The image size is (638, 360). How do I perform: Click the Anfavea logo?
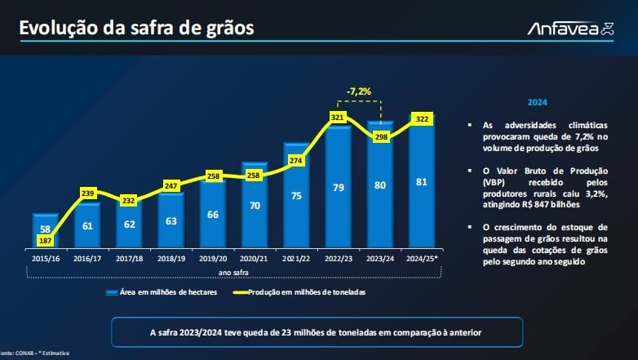coord(570,29)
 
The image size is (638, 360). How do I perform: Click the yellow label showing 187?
coord(45,241)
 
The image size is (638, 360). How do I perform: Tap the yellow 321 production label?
coord(337,118)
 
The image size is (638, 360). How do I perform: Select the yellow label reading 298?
coord(381,137)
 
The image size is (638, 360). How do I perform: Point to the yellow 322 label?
coord(422,119)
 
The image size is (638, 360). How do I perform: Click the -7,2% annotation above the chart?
coord(358,91)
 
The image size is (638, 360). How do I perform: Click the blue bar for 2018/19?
coord(171,220)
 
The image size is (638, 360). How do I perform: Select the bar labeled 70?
coord(255,205)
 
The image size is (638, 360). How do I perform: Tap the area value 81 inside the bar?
coord(422,181)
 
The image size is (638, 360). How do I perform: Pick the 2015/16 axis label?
coord(46,259)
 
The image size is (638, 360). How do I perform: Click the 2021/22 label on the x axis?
coord(296,259)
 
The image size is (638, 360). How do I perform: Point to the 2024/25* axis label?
coord(422,259)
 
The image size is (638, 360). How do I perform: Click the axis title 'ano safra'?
coord(233,273)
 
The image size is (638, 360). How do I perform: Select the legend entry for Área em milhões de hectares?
coord(162,292)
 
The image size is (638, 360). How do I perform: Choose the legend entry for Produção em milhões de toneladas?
coord(299,292)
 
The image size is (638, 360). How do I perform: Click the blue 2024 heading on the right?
coord(537,102)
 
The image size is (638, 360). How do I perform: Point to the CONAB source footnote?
coord(34,353)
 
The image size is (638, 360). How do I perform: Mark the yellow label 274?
coord(296,161)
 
